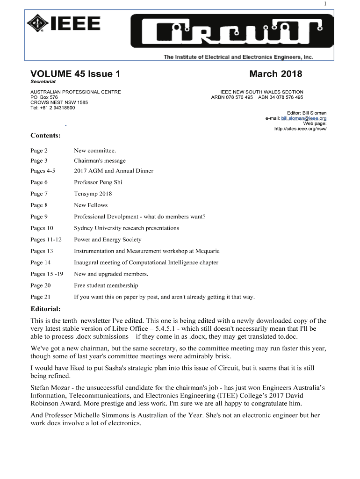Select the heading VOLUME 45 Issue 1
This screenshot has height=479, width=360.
75,74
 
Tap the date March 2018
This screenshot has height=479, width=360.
275,74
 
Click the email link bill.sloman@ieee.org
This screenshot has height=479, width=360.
304,118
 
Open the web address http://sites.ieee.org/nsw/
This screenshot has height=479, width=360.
301,129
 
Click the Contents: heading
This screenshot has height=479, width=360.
45,136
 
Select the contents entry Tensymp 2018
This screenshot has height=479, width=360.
93,194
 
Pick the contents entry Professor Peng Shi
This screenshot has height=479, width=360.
98,182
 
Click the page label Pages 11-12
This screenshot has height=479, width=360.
46,239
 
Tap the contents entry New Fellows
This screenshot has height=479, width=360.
91,205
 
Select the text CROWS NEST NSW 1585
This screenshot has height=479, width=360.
59,102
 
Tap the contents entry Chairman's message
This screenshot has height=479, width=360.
100,160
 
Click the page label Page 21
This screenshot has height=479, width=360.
40,297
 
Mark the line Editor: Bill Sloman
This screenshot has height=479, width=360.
306,113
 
